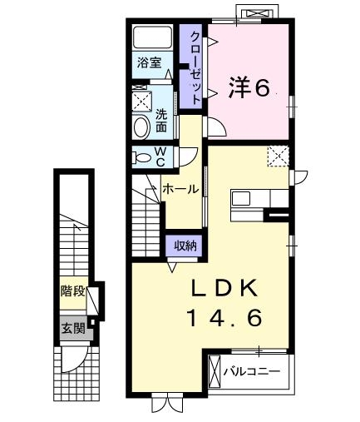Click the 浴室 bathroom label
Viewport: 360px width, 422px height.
(x=150, y=62)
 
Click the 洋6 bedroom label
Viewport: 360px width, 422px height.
(x=249, y=87)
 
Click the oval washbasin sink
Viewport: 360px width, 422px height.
(x=141, y=127)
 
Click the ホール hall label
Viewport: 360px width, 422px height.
(x=180, y=189)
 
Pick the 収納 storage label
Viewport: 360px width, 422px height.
(x=185, y=245)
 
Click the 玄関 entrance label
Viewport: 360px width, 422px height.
(x=72, y=328)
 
